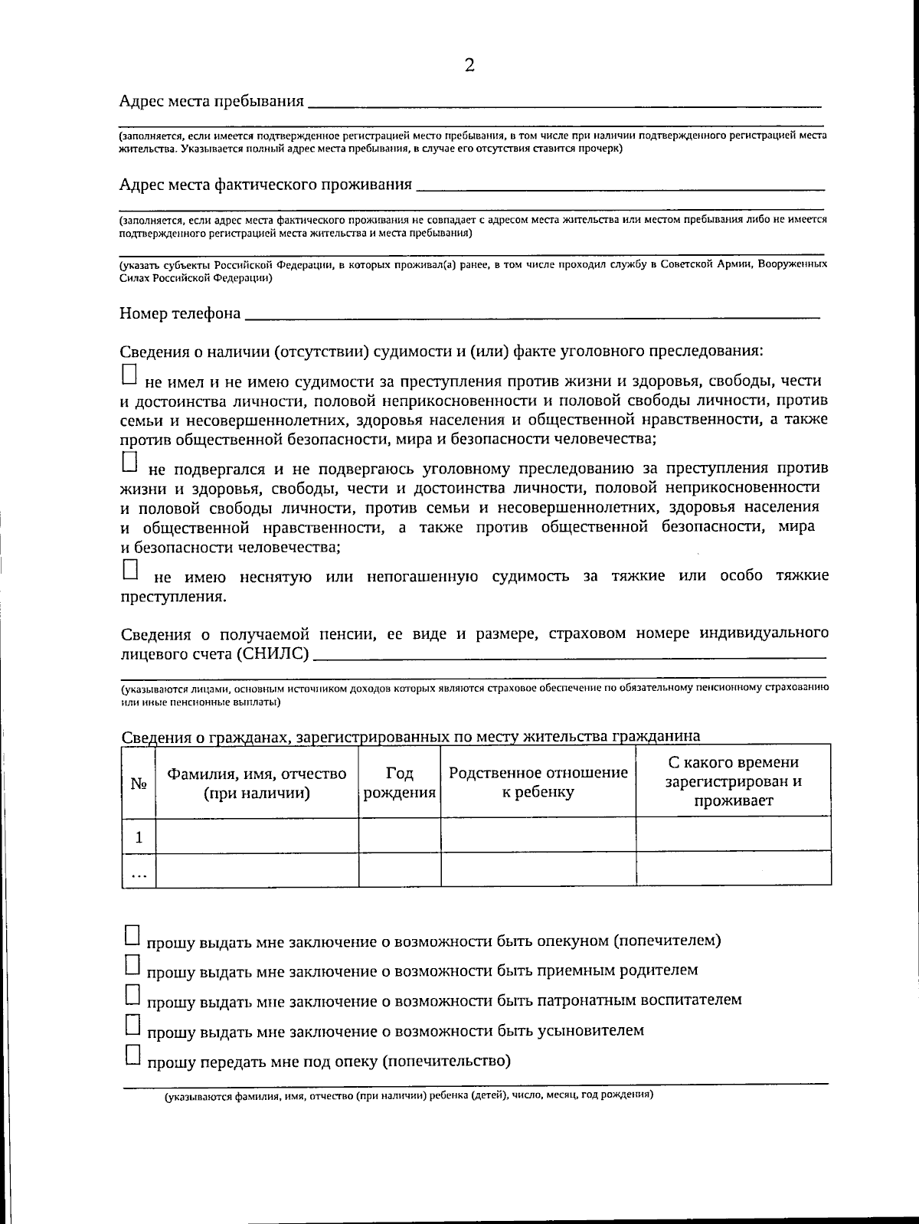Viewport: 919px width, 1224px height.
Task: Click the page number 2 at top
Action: (469, 66)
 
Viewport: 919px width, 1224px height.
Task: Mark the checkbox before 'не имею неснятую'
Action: (130, 570)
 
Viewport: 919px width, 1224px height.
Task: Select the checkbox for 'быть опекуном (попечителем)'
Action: (132, 934)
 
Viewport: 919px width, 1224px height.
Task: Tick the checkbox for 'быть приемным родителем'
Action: (132, 964)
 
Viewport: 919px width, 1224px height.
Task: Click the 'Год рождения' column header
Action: (400, 783)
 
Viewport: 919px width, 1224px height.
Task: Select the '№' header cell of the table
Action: (139, 784)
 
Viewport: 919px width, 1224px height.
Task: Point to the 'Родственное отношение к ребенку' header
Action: (538, 782)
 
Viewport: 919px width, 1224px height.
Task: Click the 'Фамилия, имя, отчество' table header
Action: (257, 783)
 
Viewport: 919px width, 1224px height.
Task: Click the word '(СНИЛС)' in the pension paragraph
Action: (273, 653)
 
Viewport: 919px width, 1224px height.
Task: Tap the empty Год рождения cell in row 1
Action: (400, 834)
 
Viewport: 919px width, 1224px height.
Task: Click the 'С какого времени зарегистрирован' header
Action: (733, 781)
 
